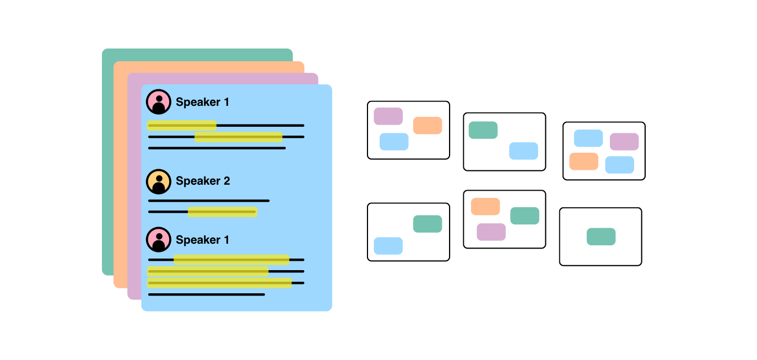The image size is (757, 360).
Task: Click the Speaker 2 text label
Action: click(x=203, y=181)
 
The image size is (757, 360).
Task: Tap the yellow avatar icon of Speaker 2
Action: click(x=159, y=181)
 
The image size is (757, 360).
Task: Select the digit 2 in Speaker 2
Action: click(x=227, y=181)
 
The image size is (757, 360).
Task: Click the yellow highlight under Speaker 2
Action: click(x=223, y=212)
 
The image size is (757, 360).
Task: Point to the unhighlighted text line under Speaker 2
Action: click(x=209, y=201)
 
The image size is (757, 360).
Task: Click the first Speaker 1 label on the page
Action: click(x=202, y=102)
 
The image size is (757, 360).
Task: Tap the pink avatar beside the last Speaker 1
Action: click(x=159, y=240)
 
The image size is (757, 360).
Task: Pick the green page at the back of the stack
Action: click(x=108, y=162)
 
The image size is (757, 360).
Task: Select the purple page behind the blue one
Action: click(x=134, y=186)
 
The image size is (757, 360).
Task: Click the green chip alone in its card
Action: click(x=601, y=237)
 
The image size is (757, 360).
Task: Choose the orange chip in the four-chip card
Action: click(x=583, y=161)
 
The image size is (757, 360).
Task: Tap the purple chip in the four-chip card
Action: click(x=624, y=142)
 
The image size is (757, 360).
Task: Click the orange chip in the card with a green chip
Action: click(x=485, y=207)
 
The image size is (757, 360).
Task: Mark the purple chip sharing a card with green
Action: click(x=491, y=232)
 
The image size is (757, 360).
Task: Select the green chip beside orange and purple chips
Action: click(x=525, y=216)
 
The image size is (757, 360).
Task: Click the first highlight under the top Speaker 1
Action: click(x=182, y=125)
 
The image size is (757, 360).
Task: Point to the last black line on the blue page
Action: click(x=207, y=295)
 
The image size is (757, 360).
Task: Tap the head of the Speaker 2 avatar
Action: click(x=159, y=179)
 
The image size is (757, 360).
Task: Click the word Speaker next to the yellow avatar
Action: click(x=198, y=181)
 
